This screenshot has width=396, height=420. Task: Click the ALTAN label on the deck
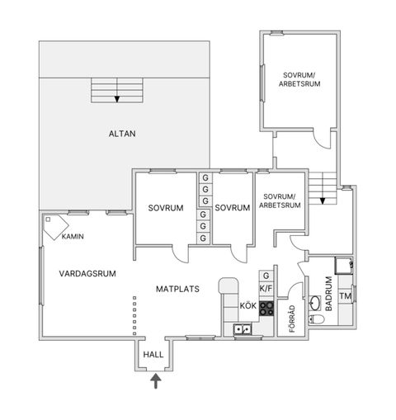tap(122, 134)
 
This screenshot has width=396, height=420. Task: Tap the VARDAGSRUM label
tap(87, 274)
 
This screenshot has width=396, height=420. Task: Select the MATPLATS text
tap(177, 289)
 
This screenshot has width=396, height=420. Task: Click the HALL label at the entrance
tap(153, 354)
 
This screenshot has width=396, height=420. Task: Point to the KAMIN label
tap(73, 236)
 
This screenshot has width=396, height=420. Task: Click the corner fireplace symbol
tap(55, 227)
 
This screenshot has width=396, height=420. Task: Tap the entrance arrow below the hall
tap(156, 380)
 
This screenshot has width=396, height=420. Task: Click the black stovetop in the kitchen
tap(266, 309)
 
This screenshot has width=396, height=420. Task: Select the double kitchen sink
tap(243, 329)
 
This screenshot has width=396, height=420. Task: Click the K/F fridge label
tap(266, 289)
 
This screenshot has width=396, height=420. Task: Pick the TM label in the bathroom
tap(346, 296)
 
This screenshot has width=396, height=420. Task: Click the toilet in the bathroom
tap(316, 319)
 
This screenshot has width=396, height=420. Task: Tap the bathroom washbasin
tap(315, 303)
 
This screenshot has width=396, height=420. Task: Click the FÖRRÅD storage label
tap(292, 319)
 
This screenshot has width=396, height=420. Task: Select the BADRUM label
tap(329, 294)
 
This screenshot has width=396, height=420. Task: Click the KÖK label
tap(248, 305)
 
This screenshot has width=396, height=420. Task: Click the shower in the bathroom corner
tap(343, 266)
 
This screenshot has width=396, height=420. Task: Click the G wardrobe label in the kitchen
tap(266, 276)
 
